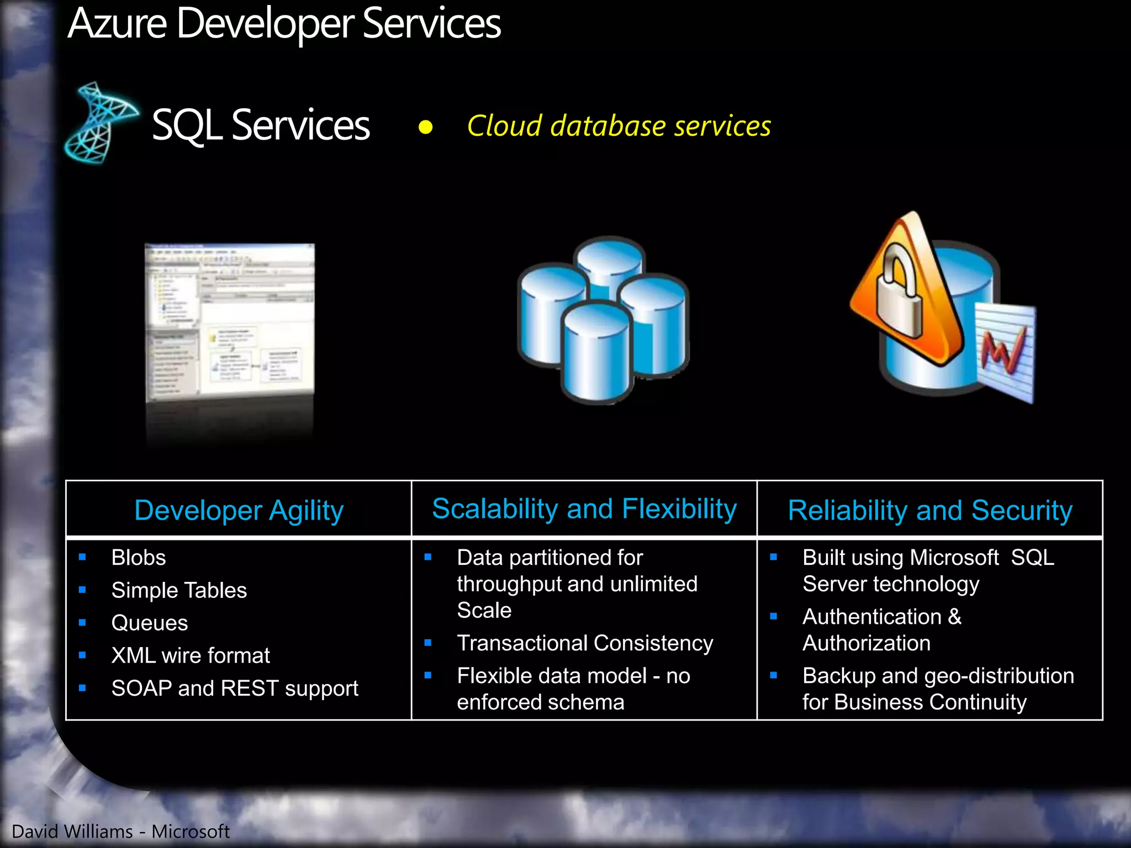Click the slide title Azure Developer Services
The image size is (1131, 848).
pyautogui.click(x=284, y=24)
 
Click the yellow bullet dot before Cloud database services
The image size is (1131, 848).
pyautogui.click(x=425, y=128)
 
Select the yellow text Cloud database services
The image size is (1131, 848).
pyautogui.click(x=619, y=126)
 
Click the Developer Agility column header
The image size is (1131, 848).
pyautogui.click(x=239, y=510)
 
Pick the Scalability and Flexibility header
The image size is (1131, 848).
pyautogui.click(x=584, y=508)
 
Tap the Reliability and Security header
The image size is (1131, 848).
pyautogui.click(x=930, y=510)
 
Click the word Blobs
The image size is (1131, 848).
pyautogui.click(x=139, y=558)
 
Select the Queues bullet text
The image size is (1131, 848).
pyautogui.click(x=150, y=623)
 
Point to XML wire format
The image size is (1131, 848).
pyautogui.click(x=191, y=655)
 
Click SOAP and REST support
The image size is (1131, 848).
pyautogui.click(x=235, y=688)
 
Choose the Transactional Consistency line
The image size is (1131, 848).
pyautogui.click(x=585, y=643)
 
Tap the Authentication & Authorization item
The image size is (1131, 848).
pyautogui.click(x=882, y=629)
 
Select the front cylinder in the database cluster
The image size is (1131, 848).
pyautogui.click(x=596, y=353)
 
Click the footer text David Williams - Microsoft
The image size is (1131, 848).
pyautogui.click(x=120, y=831)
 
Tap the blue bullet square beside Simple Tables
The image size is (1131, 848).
pyautogui.click(x=82, y=590)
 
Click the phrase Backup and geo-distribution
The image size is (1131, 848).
pyautogui.click(x=938, y=676)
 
